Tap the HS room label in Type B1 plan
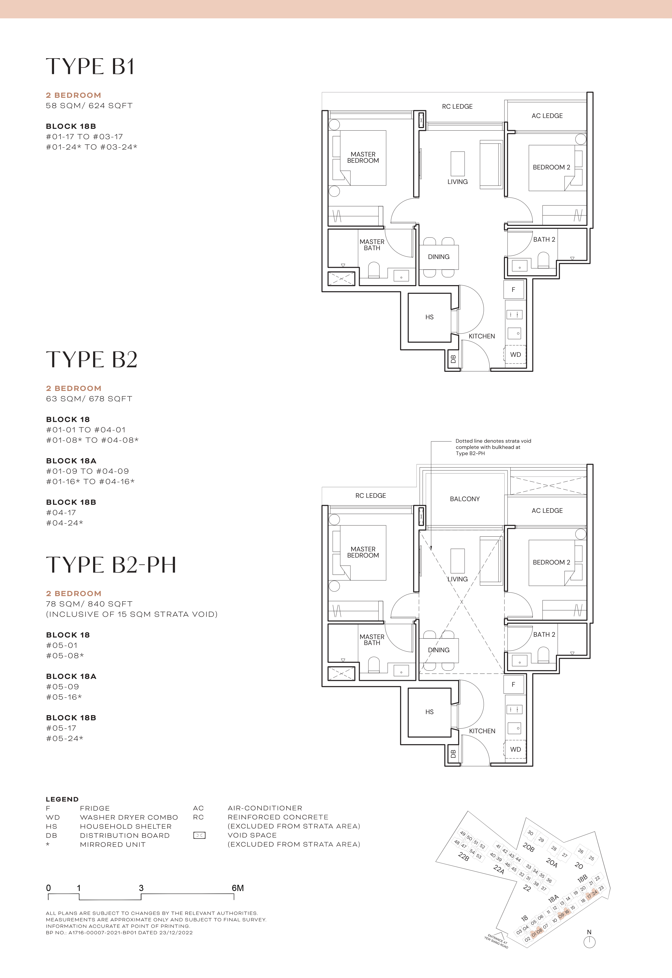pyautogui.click(x=429, y=317)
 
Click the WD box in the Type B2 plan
pyautogui.click(x=515, y=749)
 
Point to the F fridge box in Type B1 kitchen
pyautogui.click(x=513, y=290)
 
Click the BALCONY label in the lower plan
pyautogui.click(x=464, y=499)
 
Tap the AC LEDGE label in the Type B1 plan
pyautogui.click(x=547, y=116)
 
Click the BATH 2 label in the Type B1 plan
pyautogui.click(x=544, y=240)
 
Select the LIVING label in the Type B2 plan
pyautogui.click(x=457, y=579)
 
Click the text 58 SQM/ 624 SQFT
pyautogui.click(x=89, y=106)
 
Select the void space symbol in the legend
pyautogui.click(x=199, y=835)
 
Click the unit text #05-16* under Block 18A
pyautogui.click(x=64, y=697)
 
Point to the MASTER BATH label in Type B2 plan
pyautogui.click(x=372, y=640)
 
